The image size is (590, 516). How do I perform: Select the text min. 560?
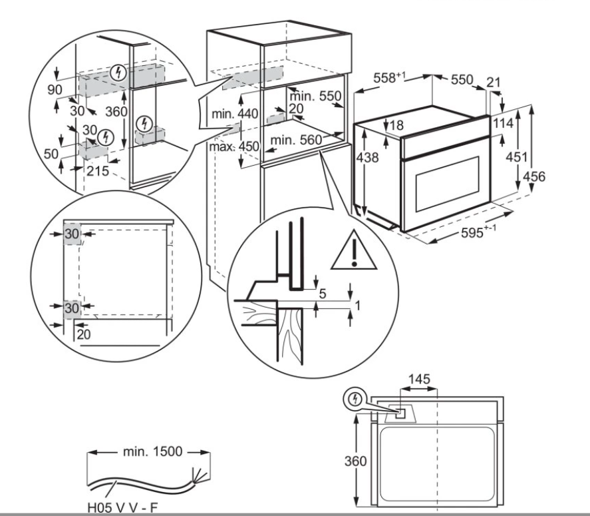295,140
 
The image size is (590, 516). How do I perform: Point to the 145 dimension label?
418,379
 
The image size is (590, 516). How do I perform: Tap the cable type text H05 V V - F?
124,507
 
